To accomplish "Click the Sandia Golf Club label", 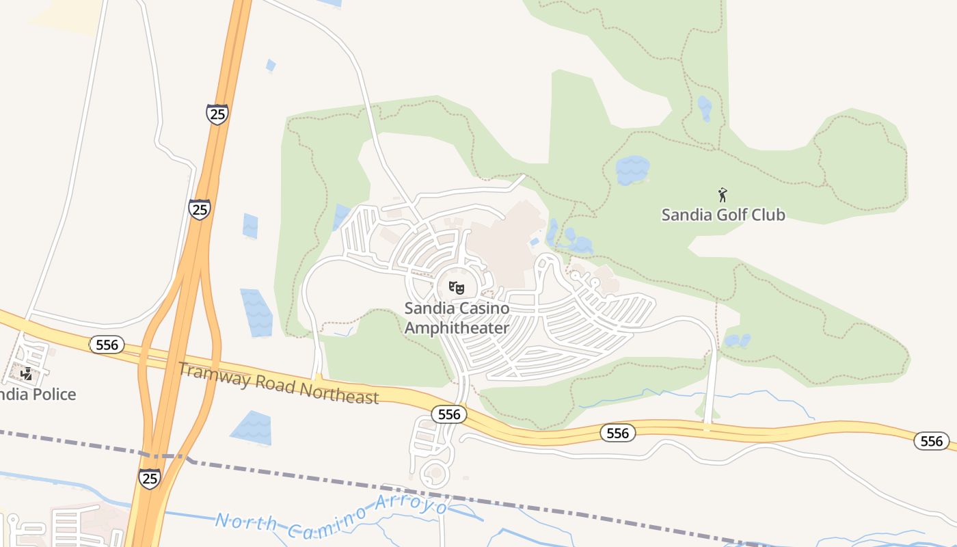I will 723,215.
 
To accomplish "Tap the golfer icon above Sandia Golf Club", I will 723,196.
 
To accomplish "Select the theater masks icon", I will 457,288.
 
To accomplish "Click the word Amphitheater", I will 457,328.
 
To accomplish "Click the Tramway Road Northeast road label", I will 278,384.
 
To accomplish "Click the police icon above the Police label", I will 26,374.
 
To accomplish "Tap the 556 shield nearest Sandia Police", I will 107,345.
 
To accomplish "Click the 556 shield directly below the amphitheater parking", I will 449,414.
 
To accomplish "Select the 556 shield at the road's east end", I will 932,441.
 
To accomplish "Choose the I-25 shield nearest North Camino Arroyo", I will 149,478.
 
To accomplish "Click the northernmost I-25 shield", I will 217,114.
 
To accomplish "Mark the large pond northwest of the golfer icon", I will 632,170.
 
